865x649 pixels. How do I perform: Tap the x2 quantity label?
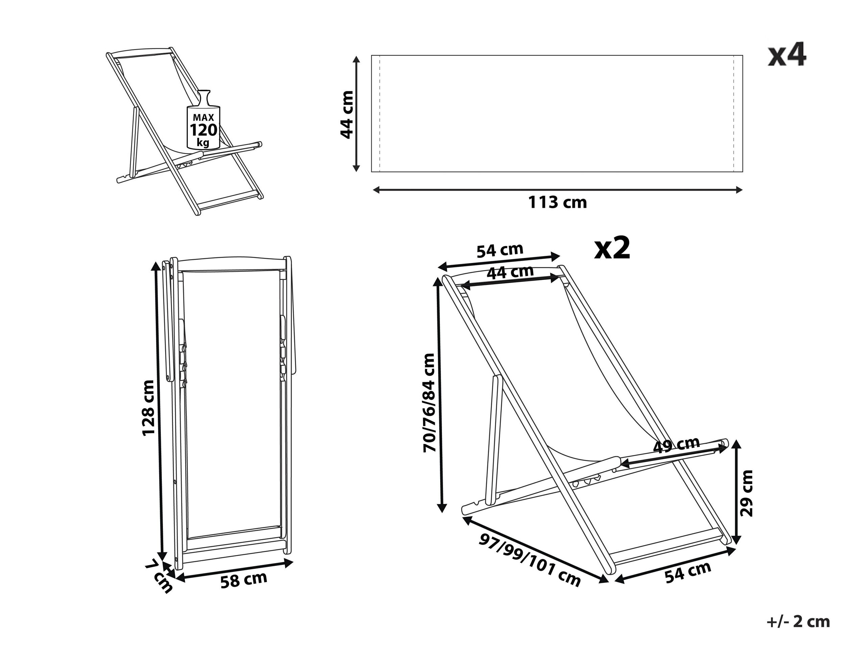tap(612, 249)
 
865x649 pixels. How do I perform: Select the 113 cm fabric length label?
tap(558, 202)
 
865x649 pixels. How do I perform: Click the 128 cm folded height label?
tap(148, 407)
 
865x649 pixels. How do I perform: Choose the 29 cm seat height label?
tap(746, 493)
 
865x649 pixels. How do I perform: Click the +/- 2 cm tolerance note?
tap(798, 622)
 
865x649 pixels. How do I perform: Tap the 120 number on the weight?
tap(203, 129)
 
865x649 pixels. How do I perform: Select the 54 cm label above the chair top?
tap(500, 250)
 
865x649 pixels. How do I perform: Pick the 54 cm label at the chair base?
tap(688, 573)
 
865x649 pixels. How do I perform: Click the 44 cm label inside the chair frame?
tap(510, 272)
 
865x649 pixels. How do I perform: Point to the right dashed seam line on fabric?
tap(733, 114)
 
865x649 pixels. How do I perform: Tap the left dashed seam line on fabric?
tap(380, 114)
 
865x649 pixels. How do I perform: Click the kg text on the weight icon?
tap(203, 142)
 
